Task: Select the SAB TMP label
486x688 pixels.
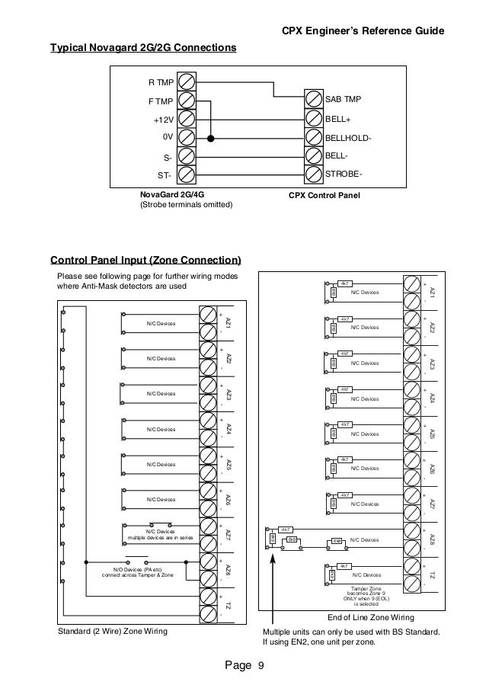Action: click(343, 100)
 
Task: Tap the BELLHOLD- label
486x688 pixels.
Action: click(348, 139)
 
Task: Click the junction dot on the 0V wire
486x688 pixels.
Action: click(211, 139)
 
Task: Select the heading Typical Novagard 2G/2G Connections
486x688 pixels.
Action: click(142, 48)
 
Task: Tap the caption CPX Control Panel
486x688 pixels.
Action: click(324, 195)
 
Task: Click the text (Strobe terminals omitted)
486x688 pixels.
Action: click(185, 205)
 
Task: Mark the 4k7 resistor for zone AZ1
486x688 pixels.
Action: click(344, 283)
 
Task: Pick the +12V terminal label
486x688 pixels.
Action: click(163, 120)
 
